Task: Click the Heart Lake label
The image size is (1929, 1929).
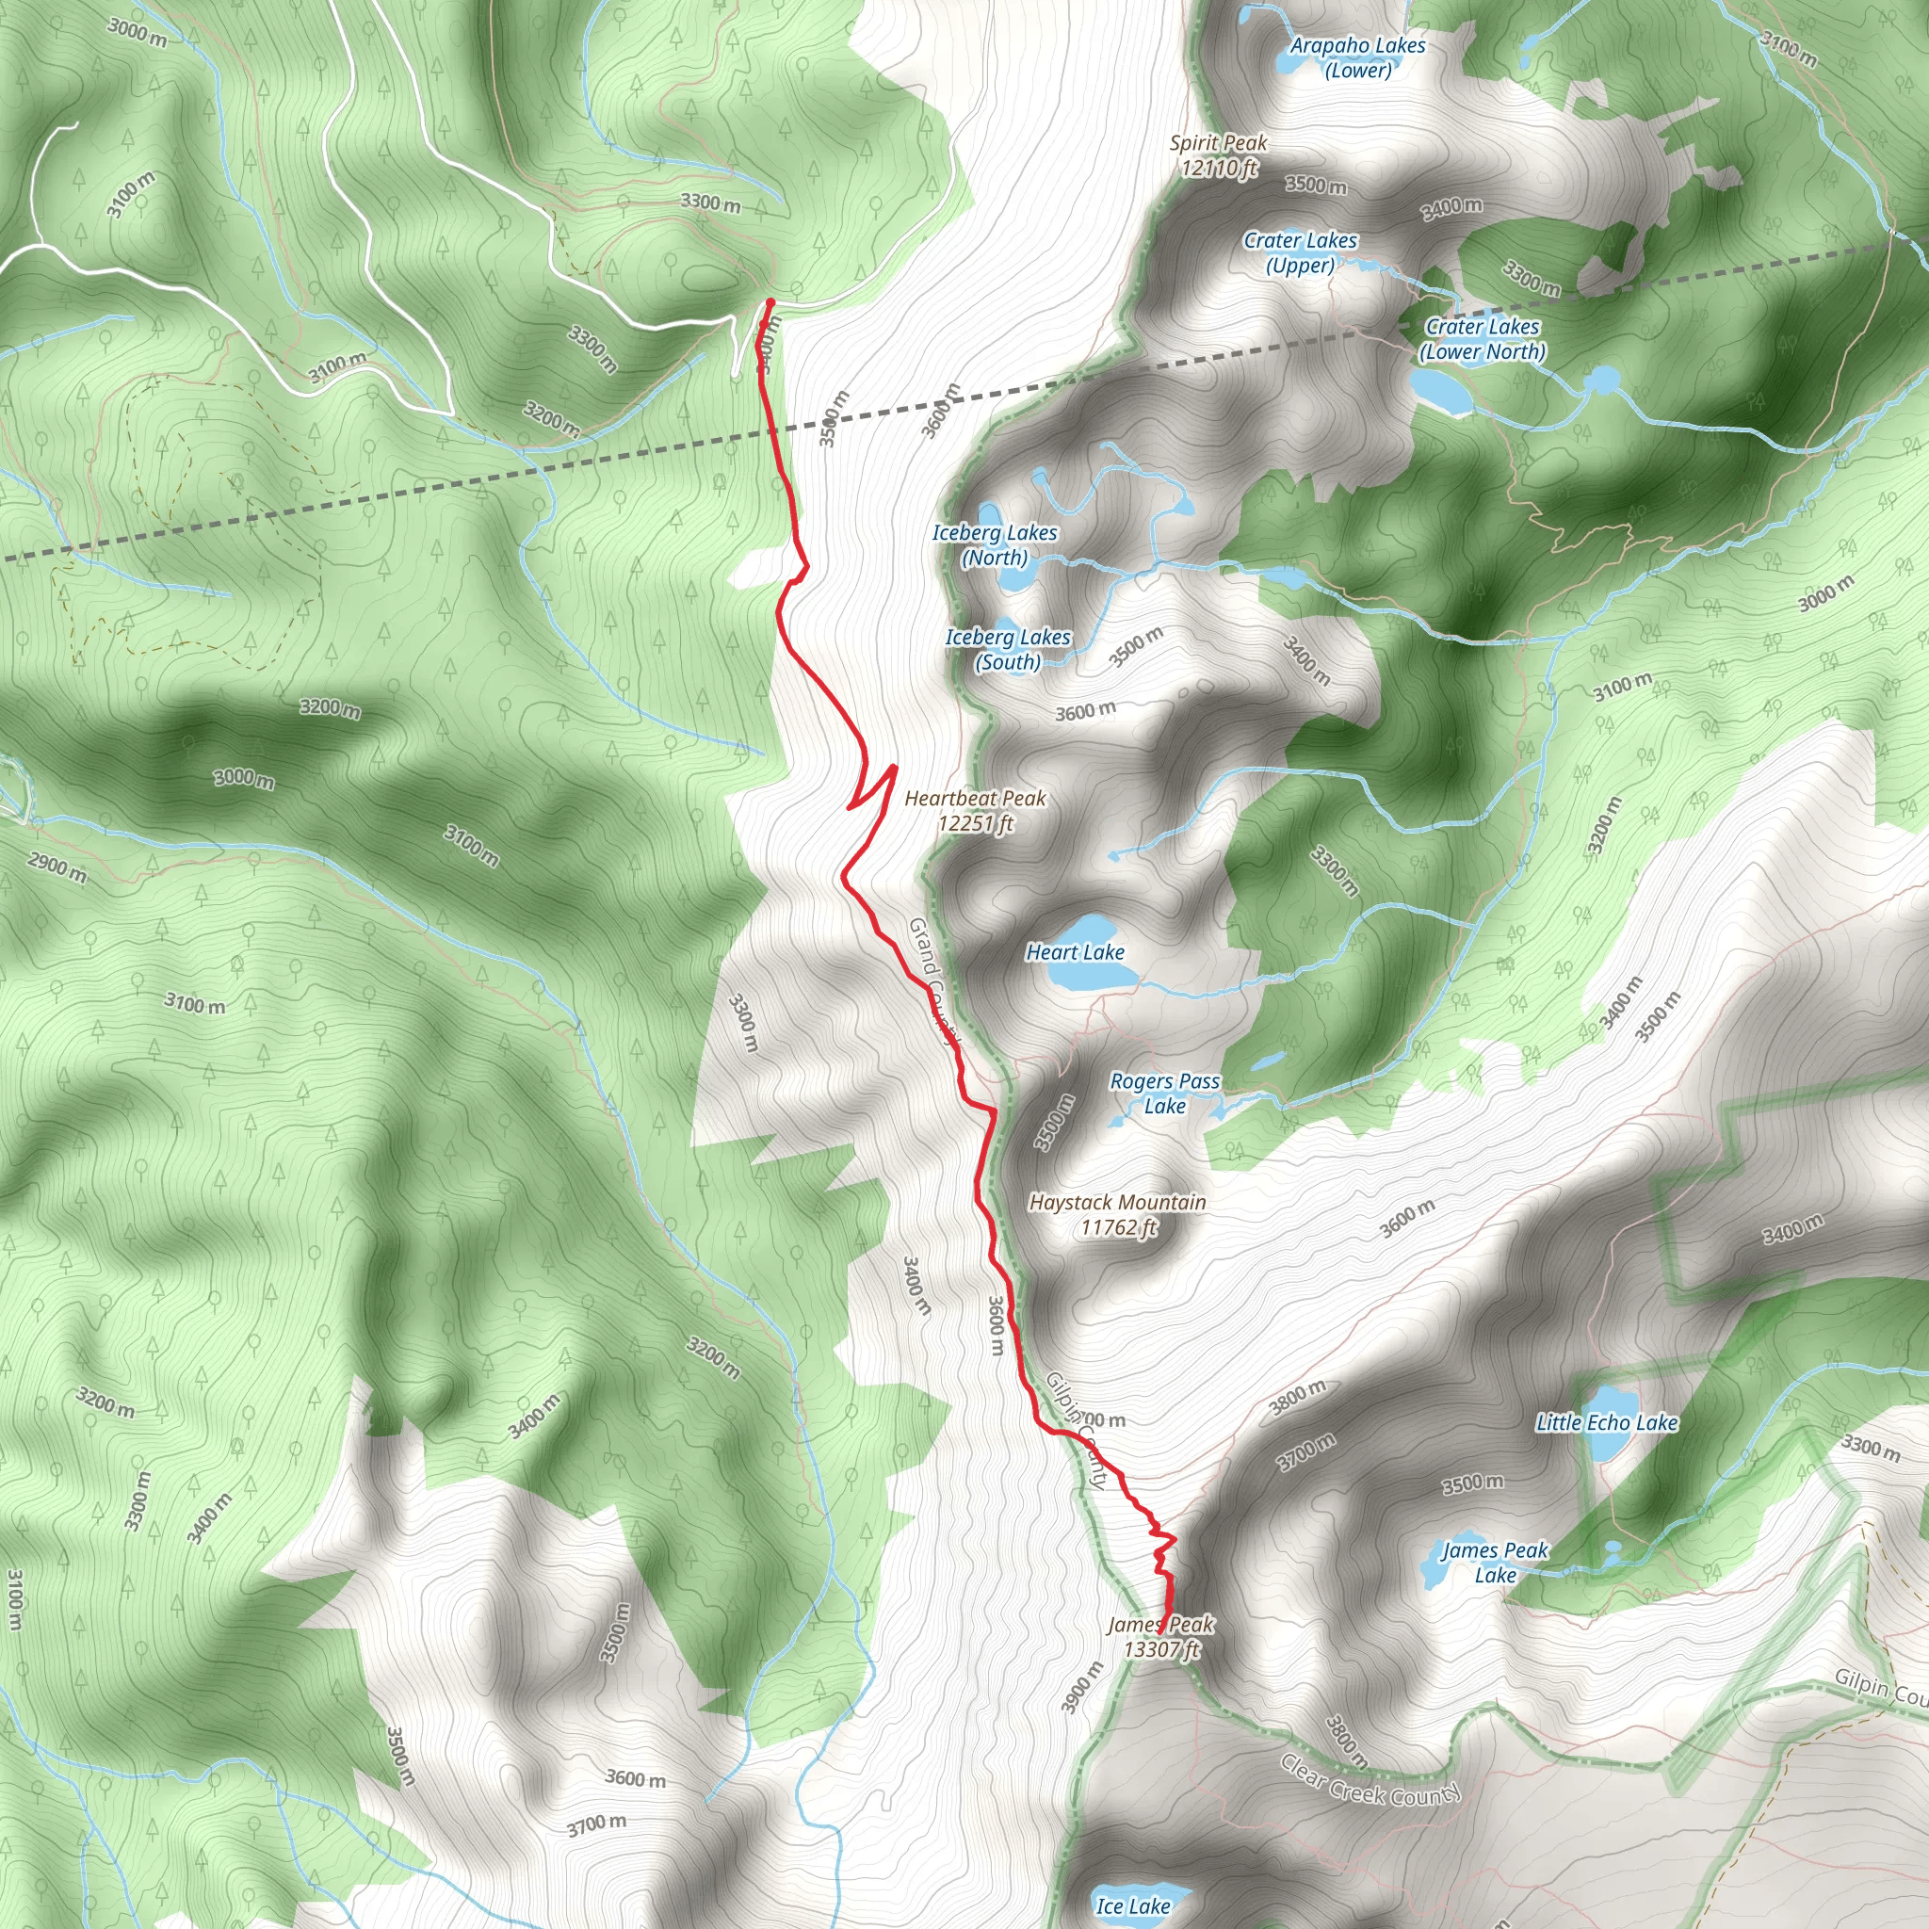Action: point(1076,952)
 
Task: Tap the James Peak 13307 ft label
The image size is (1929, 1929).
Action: point(1160,1636)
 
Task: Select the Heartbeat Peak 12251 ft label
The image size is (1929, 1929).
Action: point(976,811)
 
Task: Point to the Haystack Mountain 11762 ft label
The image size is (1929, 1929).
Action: point(1117,1214)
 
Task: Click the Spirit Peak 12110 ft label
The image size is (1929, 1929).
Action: point(1218,155)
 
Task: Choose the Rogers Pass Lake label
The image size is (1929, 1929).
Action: point(1165,1094)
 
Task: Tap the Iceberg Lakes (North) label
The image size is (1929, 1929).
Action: point(995,545)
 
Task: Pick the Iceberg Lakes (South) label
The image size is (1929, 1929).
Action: point(1008,649)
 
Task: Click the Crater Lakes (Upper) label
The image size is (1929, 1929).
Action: point(1300,252)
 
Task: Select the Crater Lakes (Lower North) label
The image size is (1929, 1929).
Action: point(1483,338)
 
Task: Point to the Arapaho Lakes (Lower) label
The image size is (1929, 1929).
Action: point(1358,57)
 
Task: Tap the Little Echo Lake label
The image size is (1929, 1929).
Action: point(1607,1423)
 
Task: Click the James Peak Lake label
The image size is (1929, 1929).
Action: point(1495,1563)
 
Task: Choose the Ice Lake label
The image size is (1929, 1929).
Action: point(1133,1906)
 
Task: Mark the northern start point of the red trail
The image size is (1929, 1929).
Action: point(770,301)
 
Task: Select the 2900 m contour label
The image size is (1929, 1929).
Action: point(57,868)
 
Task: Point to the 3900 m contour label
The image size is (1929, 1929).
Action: point(1082,1687)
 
